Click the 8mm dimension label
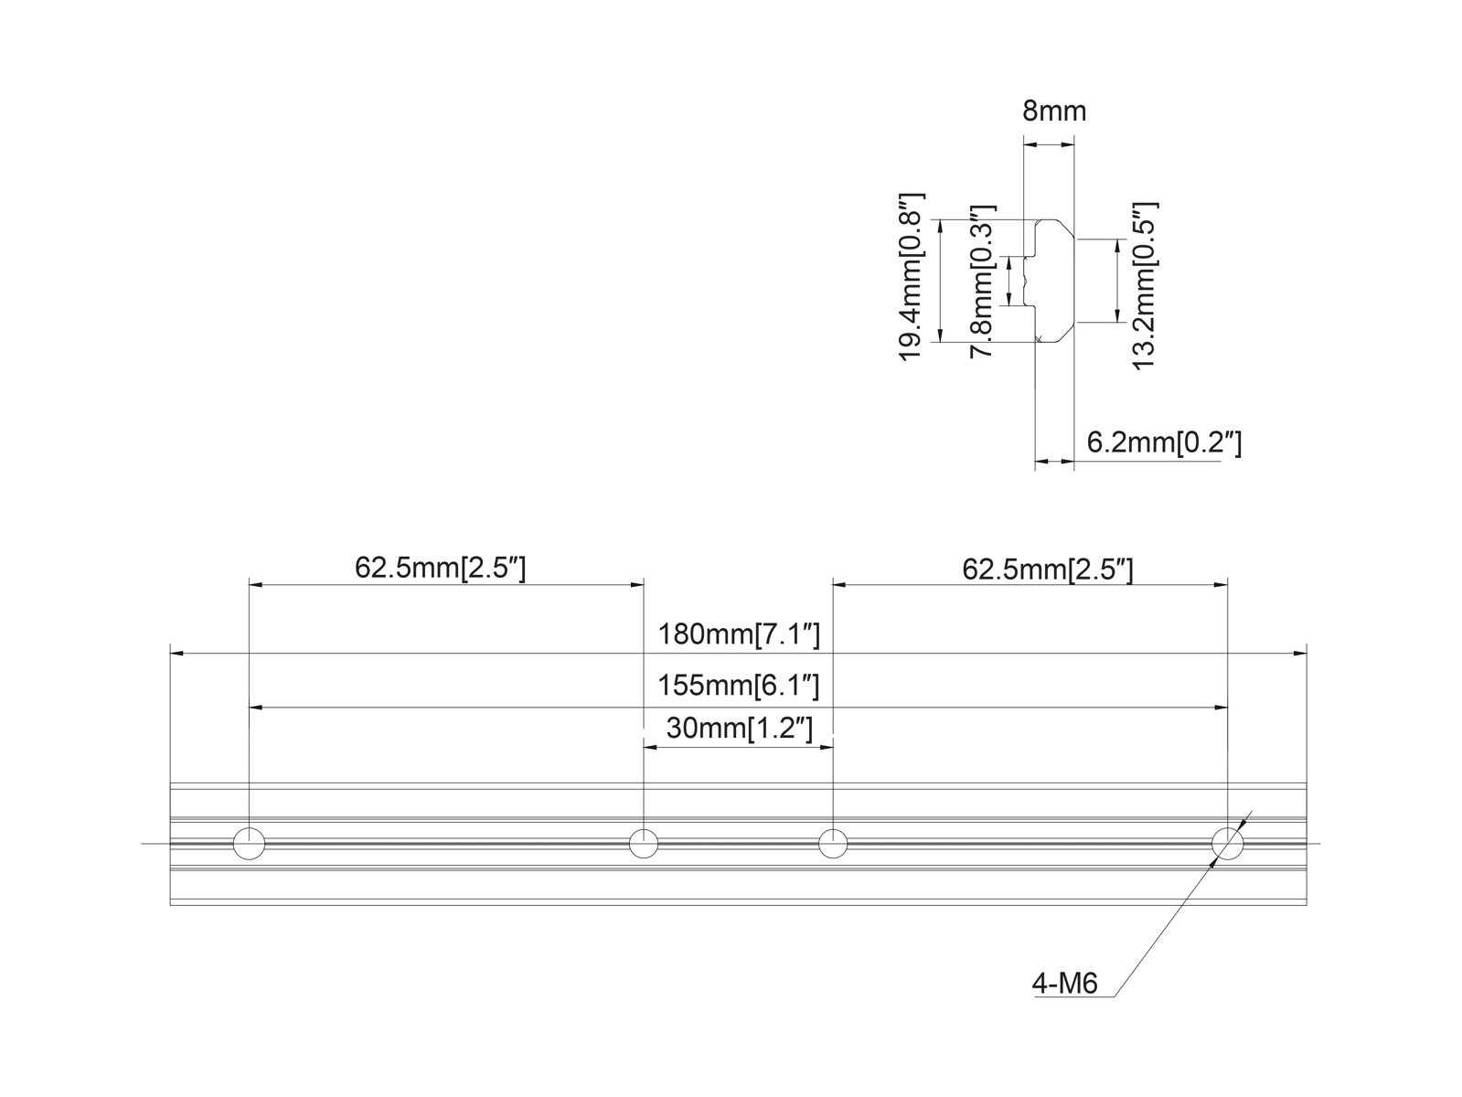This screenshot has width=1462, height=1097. (x=1054, y=112)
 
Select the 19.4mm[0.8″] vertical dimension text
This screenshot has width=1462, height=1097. (x=913, y=277)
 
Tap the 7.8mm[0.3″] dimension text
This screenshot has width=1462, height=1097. (x=983, y=281)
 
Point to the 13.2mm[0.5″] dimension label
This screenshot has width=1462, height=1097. (x=1145, y=285)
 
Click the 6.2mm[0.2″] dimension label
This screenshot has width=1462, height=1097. (x=1164, y=443)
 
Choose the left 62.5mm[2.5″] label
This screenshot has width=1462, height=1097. (x=441, y=569)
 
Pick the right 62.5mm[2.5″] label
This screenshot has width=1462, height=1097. (x=1048, y=570)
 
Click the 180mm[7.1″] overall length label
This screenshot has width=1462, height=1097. (x=739, y=634)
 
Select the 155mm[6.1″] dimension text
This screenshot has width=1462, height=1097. (x=739, y=685)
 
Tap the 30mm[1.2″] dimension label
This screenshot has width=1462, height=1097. (x=739, y=729)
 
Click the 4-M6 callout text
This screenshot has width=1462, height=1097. (x=1064, y=984)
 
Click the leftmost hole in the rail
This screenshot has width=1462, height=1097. (x=249, y=843)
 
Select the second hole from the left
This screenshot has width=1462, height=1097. (x=644, y=843)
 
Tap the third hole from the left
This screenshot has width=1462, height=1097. (x=833, y=843)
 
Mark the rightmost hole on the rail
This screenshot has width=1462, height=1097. (x=1227, y=843)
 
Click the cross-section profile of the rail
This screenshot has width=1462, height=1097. (x=1051, y=282)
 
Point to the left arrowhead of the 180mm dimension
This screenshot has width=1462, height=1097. (x=177, y=654)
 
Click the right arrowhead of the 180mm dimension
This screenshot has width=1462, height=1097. (x=1299, y=654)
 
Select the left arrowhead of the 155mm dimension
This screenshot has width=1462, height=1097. (x=256, y=708)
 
